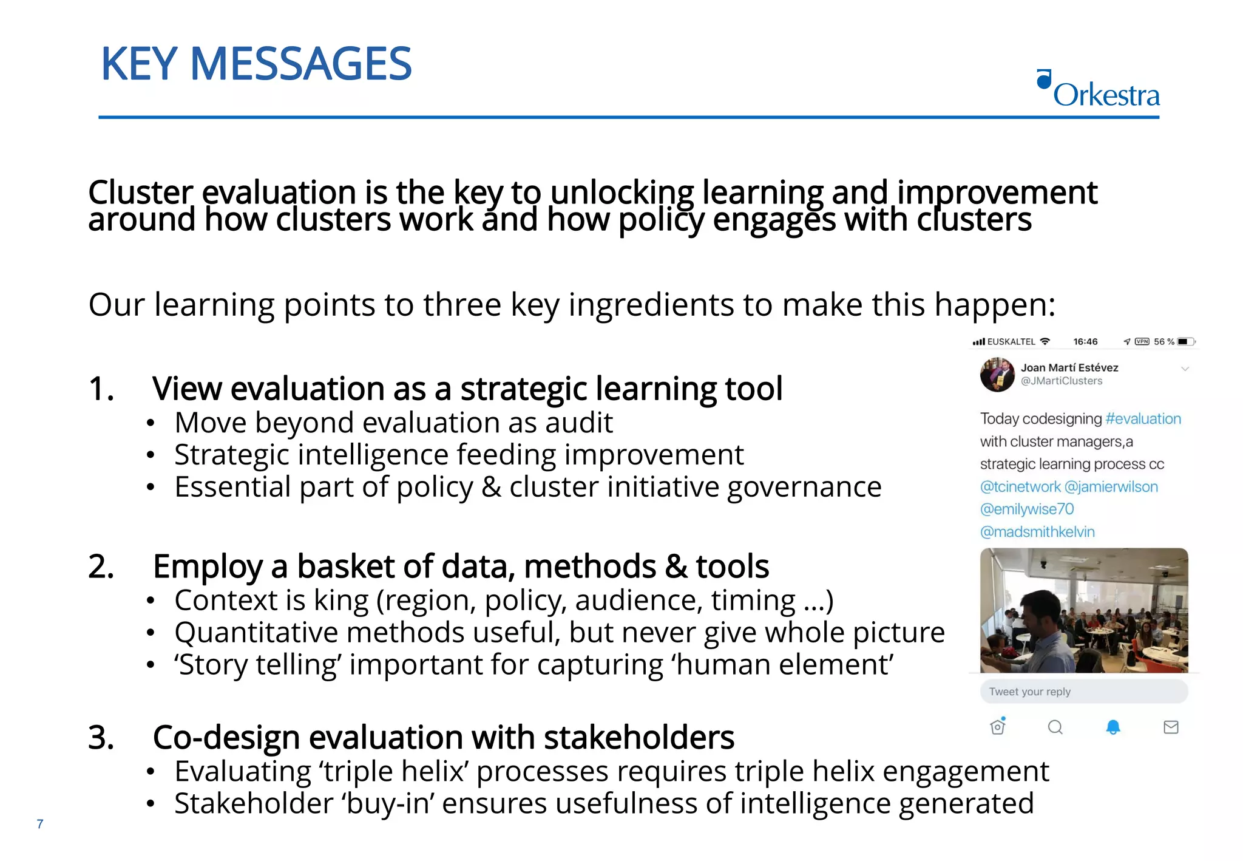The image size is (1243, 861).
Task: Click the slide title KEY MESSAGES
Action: click(x=256, y=64)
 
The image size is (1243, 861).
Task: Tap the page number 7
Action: click(x=40, y=824)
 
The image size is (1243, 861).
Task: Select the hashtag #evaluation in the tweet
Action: click(x=1143, y=419)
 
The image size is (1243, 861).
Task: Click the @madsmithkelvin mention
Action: click(x=1037, y=532)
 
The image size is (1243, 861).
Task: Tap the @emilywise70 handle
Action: click(x=1027, y=509)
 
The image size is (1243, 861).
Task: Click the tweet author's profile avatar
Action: click(x=997, y=374)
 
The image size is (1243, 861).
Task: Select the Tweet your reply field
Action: click(x=1083, y=692)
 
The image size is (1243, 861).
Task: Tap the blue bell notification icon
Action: click(x=1113, y=727)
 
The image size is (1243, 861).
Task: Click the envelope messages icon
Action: click(x=1171, y=727)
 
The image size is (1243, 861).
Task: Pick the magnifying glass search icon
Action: click(x=1055, y=727)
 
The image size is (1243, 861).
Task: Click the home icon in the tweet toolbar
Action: click(x=998, y=726)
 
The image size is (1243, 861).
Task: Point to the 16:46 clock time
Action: click(x=1085, y=342)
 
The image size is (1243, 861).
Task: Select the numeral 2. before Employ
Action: click(x=101, y=567)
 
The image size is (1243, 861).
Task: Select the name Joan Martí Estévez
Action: click(x=1069, y=367)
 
